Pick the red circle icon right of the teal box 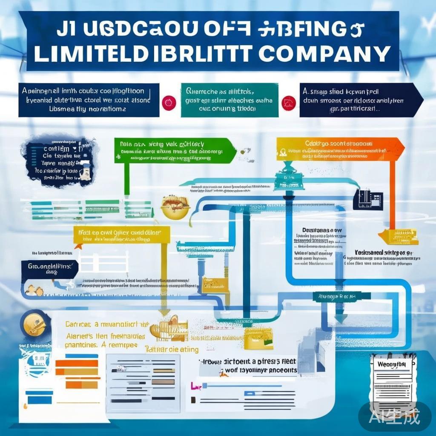[x=289, y=101]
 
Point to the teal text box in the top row [x=229, y=100]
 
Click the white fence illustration [x=105, y=261]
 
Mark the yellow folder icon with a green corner [x=258, y=338]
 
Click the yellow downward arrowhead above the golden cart [x=163, y=313]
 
